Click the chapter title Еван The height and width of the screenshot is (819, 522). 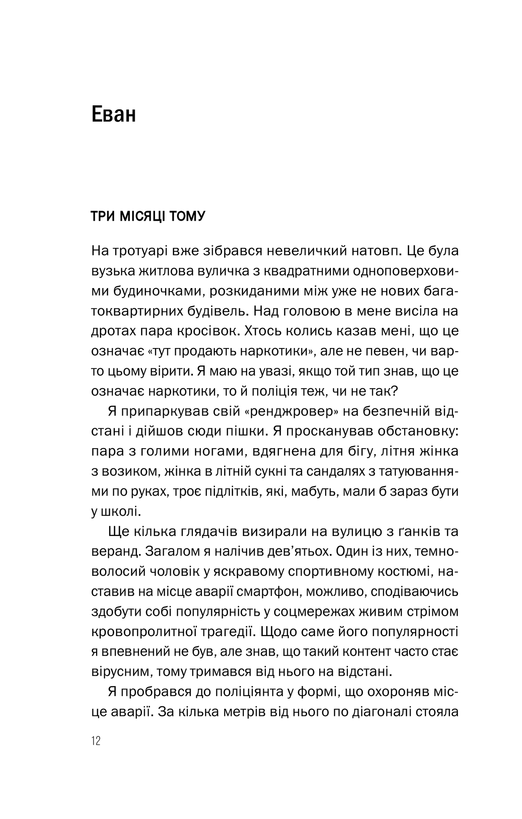pos(113,115)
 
